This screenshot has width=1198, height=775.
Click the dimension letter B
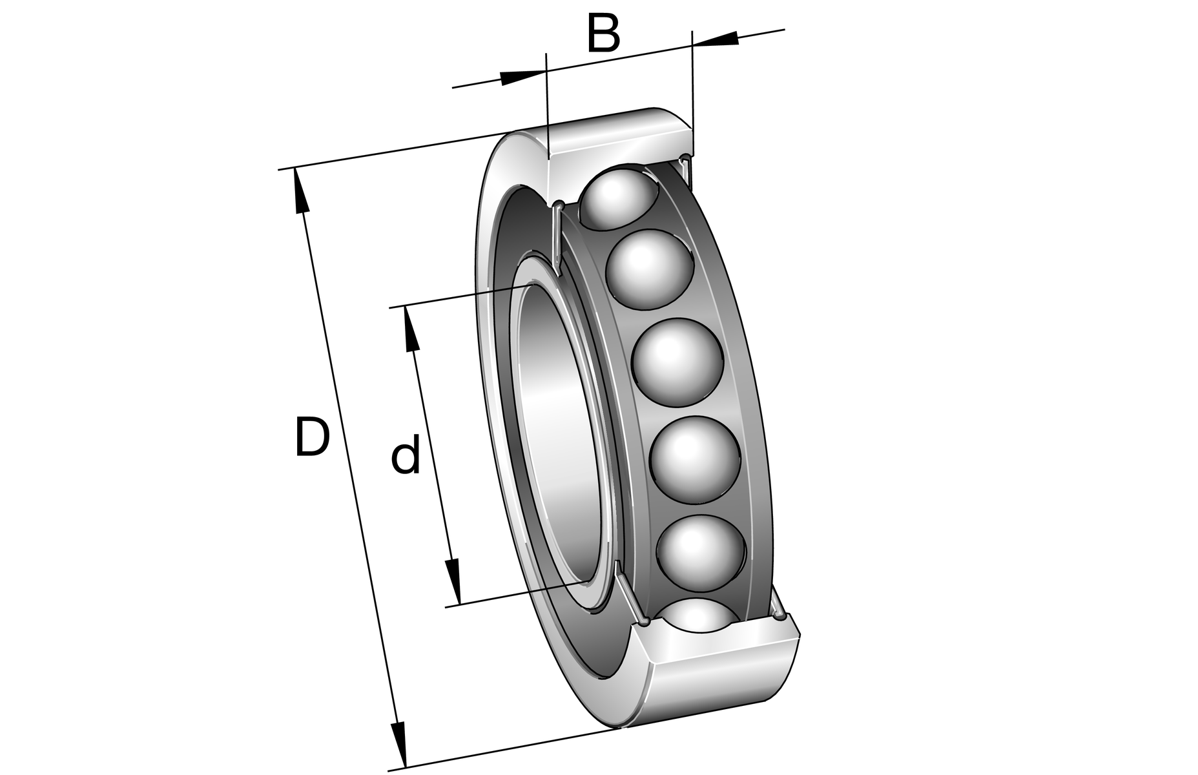[603, 34]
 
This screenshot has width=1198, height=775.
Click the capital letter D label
[312, 438]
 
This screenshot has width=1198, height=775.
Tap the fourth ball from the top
[694, 459]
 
